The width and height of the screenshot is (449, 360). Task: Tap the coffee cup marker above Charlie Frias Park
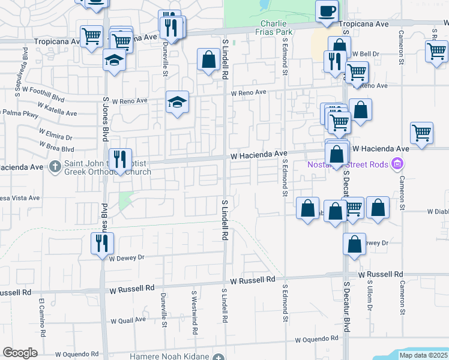point(327,12)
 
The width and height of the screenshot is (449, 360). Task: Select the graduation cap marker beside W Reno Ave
point(178,103)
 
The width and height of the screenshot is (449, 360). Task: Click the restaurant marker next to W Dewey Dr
point(101,244)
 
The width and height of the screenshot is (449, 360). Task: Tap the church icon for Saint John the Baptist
point(55,165)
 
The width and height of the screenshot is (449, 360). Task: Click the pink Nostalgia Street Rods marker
point(396,163)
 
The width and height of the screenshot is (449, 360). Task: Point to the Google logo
point(20,353)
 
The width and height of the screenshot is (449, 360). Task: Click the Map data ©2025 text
point(423,355)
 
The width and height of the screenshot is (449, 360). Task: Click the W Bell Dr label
point(366,53)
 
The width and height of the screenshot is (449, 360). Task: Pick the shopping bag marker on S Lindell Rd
point(208,59)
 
